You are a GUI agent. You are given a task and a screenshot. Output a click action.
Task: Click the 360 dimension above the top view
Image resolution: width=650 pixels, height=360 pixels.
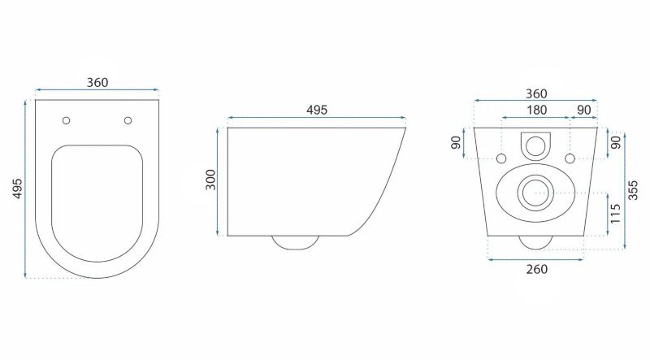97,83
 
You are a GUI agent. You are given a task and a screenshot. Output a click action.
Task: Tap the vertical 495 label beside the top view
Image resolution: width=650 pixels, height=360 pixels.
17,189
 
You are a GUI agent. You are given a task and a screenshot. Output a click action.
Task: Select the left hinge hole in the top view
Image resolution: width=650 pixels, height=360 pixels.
67,121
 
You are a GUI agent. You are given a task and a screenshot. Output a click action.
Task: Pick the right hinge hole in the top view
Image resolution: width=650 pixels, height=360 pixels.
128,121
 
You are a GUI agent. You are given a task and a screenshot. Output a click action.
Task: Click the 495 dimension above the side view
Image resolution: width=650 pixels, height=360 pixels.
317,110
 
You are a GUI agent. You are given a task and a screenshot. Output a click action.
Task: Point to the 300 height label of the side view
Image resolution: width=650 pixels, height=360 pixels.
211,180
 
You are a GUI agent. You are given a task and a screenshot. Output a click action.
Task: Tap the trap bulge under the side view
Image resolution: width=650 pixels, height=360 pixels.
295,244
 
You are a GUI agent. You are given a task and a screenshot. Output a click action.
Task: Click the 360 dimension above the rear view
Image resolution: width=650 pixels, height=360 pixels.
536,93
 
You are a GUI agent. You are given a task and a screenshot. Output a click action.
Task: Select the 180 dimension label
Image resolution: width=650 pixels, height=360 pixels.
536,110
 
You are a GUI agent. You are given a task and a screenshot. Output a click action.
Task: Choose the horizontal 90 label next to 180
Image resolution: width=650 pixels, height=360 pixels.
584,110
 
